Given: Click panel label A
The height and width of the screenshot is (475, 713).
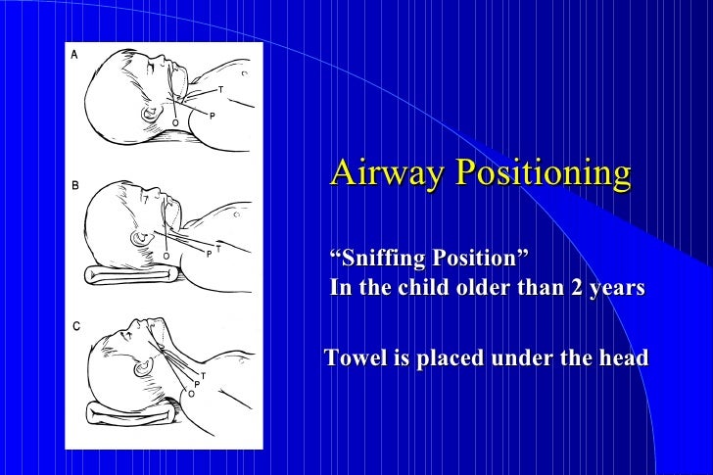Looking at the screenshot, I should [73, 56].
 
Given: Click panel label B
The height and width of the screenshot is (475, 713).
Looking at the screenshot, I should [73, 185].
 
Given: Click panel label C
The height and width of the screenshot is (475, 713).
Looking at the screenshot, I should [73, 327].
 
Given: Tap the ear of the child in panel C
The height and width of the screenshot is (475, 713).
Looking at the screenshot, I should [144, 369].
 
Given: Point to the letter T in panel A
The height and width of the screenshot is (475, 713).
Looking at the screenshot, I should [220, 90].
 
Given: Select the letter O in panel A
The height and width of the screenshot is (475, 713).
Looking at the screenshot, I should [174, 122].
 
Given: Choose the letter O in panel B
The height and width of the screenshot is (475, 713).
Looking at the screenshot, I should [166, 256].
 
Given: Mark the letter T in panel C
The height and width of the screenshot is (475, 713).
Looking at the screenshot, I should [203, 376].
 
